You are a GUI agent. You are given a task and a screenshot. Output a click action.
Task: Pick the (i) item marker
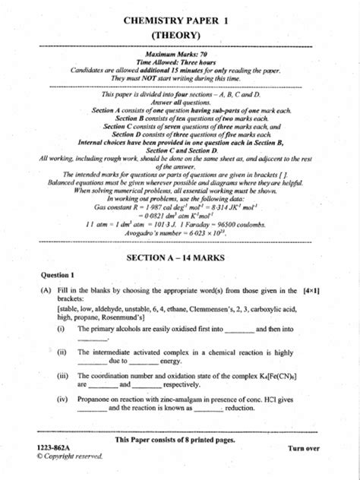tap(60, 329)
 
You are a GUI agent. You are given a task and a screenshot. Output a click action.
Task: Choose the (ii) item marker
tap(61, 352)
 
